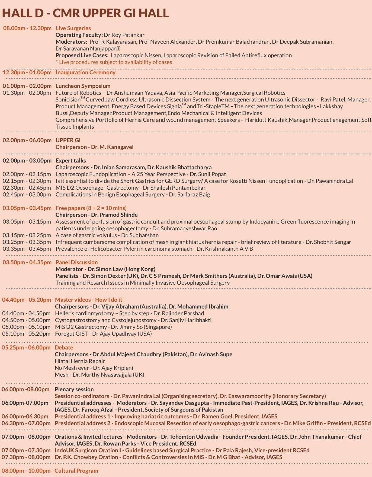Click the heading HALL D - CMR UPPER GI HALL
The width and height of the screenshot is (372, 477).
click(85, 13)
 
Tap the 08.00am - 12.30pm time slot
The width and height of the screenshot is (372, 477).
click(27, 28)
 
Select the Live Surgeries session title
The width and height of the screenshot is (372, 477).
click(73, 28)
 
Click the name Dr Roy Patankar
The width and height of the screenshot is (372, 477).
click(124, 35)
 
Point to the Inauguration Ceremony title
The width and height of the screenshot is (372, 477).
click(85, 72)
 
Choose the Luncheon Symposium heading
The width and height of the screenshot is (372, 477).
click(83, 86)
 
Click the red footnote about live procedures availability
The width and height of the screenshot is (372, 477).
click(114, 62)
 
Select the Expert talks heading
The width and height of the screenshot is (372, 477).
click(71, 161)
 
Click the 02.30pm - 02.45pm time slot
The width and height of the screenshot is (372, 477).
click(27, 188)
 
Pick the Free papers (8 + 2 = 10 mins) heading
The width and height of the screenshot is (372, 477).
click(91, 208)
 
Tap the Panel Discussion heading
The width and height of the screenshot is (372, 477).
click(77, 262)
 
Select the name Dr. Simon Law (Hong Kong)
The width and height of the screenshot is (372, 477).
click(121, 269)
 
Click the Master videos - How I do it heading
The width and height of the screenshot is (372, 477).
click(89, 300)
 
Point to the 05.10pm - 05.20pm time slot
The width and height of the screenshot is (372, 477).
click(26, 334)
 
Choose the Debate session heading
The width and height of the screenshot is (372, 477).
click(64, 348)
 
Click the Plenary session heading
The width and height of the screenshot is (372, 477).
click(74, 389)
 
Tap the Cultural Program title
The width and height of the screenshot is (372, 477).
click(76, 471)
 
